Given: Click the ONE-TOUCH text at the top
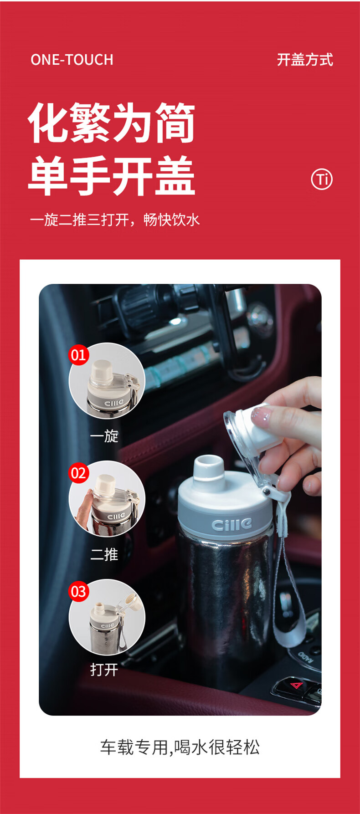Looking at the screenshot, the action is click(72, 60).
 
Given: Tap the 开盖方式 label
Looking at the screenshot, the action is click(305, 60).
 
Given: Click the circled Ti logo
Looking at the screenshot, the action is click(322, 179).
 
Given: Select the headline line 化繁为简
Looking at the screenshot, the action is click(112, 123).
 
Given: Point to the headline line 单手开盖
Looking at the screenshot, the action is click(112, 176).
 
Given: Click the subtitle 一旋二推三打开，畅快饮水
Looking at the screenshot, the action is click(115, 220).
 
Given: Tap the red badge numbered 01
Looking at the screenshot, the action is click(78, 354).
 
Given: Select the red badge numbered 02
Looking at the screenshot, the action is click(78, 473).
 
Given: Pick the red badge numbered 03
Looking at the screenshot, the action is click(78, 591).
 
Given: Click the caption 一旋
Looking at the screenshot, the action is click(104, 436).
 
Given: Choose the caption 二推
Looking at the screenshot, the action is click(104, 554).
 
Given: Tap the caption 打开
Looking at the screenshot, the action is click(104, 669).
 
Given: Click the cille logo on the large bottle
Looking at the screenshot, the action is click(231, 524).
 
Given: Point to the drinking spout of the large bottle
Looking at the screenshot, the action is click(209, 471).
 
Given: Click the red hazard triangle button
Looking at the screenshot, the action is click(297, 685).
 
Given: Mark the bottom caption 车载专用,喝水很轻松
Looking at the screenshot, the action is click(180, 747).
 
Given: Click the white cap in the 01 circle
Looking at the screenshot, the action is click(102, 372).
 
